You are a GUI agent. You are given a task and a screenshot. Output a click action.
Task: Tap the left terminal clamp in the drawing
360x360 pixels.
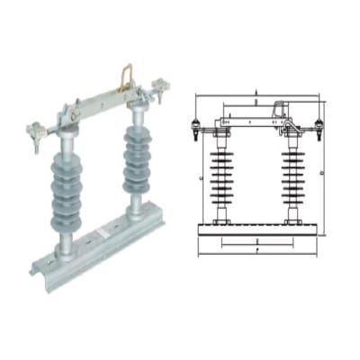click(x=199, y=130)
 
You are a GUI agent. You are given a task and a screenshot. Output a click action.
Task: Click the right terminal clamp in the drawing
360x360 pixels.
click(x=320, y=130)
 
